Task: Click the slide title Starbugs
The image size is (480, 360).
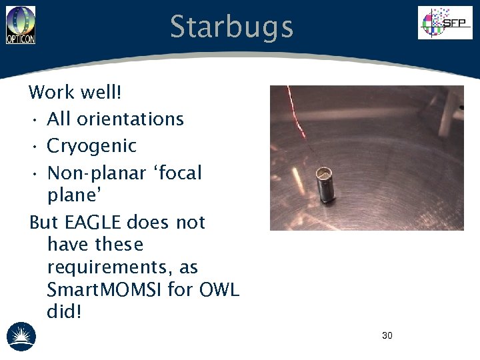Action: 231,27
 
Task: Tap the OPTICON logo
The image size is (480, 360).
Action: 21,25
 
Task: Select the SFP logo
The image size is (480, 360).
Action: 445,23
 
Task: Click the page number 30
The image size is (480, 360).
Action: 387,335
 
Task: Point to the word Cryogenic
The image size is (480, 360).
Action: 91,146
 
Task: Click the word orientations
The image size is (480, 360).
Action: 130,119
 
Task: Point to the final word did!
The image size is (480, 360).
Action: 64,312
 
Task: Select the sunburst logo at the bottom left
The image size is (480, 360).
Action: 21,336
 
